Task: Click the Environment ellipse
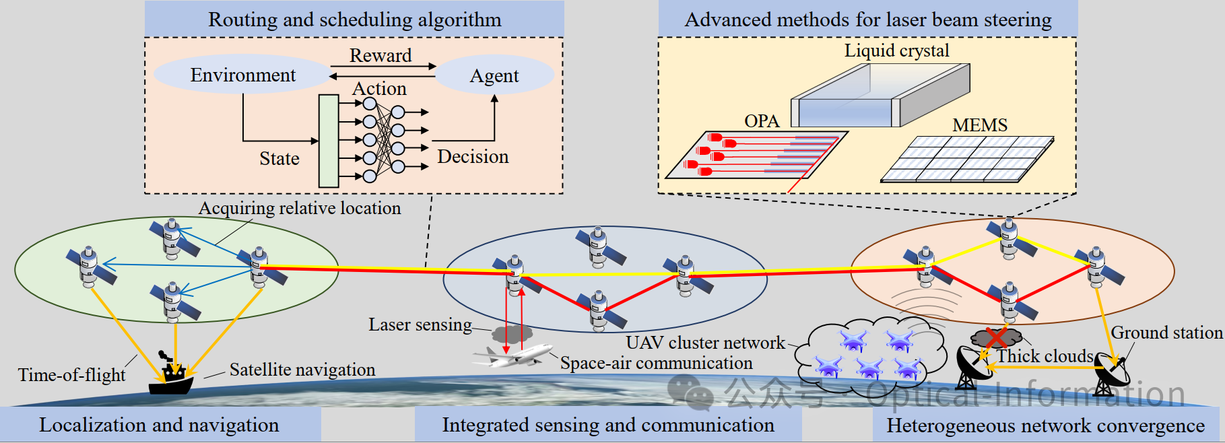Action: [x=242, y=75]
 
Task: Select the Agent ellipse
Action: [x=494, y=75]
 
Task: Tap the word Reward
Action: [x=380, y=55]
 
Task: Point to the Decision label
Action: [x=473, y=157]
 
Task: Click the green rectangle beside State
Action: [x=329, y=141]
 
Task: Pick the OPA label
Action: [x=762, y=121]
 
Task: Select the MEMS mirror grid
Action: [x=968, y=160]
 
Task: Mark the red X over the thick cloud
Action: [x=996, y=337]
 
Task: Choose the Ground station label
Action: [x=1166, y=333]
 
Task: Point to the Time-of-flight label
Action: [x=71, y=375]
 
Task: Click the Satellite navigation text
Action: [x=302, y=370]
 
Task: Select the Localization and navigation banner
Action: [x=160, y=425]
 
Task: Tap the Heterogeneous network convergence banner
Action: [x=1045, y=425]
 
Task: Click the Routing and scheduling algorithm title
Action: [x=354, y=20]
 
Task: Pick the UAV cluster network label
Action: [x=705, y=343]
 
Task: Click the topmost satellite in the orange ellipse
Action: [x=1009, y=236]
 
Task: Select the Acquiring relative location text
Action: [x=300, y=208]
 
